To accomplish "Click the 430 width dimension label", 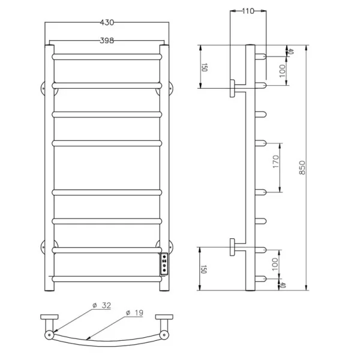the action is pyautogui.click(x=107, y=23).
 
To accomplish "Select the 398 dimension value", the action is pyautogui.click(x=107, y=41).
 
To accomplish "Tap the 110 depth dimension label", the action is pyautogui.click(x=248, y=11).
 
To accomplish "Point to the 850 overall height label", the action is pyautogui.click(x=302, y=167).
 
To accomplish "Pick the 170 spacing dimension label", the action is pyautogui.click(x=276, y=161).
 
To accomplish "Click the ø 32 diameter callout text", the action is pyautogui.click(x=102, y=305).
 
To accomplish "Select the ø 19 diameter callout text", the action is pyautogui.click(x=134, y=313).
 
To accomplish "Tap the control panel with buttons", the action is pyautogui.click(x=164, y=264).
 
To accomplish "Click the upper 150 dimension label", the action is pyautogui.click(x=204, y=67).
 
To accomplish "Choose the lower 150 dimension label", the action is pyautogui.click(x=203, y=269).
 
